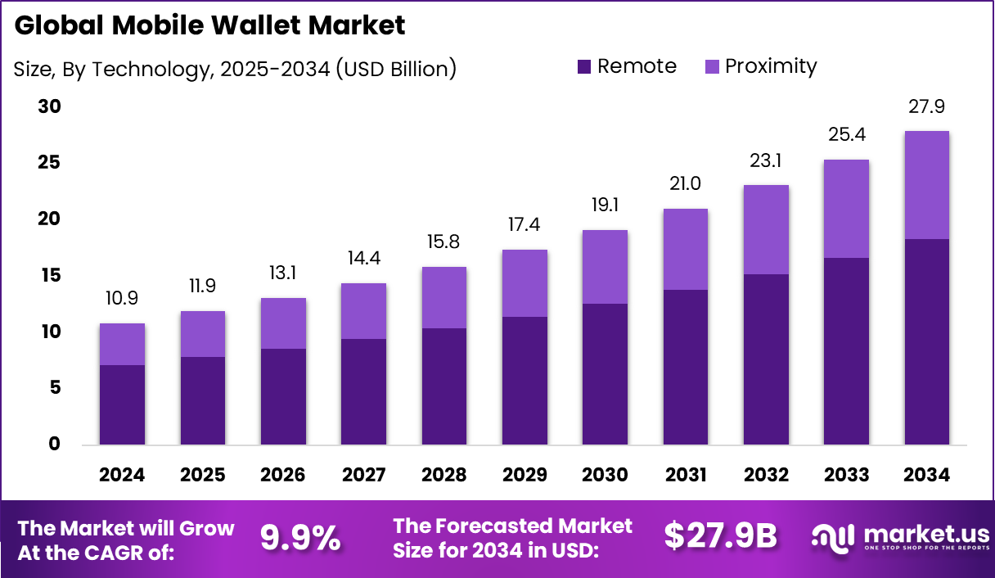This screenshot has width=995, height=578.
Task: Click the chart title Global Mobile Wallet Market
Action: (209, 25)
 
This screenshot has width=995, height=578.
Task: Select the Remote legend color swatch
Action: (583, 67)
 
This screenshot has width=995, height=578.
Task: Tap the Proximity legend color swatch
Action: (711, 67)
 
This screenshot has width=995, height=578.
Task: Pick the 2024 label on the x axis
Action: (122, 475)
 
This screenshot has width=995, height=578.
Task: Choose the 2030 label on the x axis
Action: (605, 475)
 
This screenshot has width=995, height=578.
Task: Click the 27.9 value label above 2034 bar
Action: (927, 106)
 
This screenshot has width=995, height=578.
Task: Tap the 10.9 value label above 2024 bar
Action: (122, 300)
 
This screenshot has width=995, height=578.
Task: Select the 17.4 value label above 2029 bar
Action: (525, 225)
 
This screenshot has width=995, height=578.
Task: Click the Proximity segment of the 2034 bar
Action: (927, 185)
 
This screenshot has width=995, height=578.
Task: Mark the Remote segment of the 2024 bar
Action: (122, 405)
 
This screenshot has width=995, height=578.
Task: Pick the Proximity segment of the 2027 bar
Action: (363, 311)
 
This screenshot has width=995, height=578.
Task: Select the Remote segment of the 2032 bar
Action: (766, 359)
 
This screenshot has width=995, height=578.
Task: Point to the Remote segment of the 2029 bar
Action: (525, 381)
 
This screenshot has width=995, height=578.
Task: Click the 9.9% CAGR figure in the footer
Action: (300, 538)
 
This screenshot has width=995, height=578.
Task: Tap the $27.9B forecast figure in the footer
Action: (720, 536)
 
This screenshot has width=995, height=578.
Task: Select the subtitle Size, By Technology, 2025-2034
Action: (235, 69)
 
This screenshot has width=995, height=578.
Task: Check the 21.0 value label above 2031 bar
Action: (686, 185)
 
